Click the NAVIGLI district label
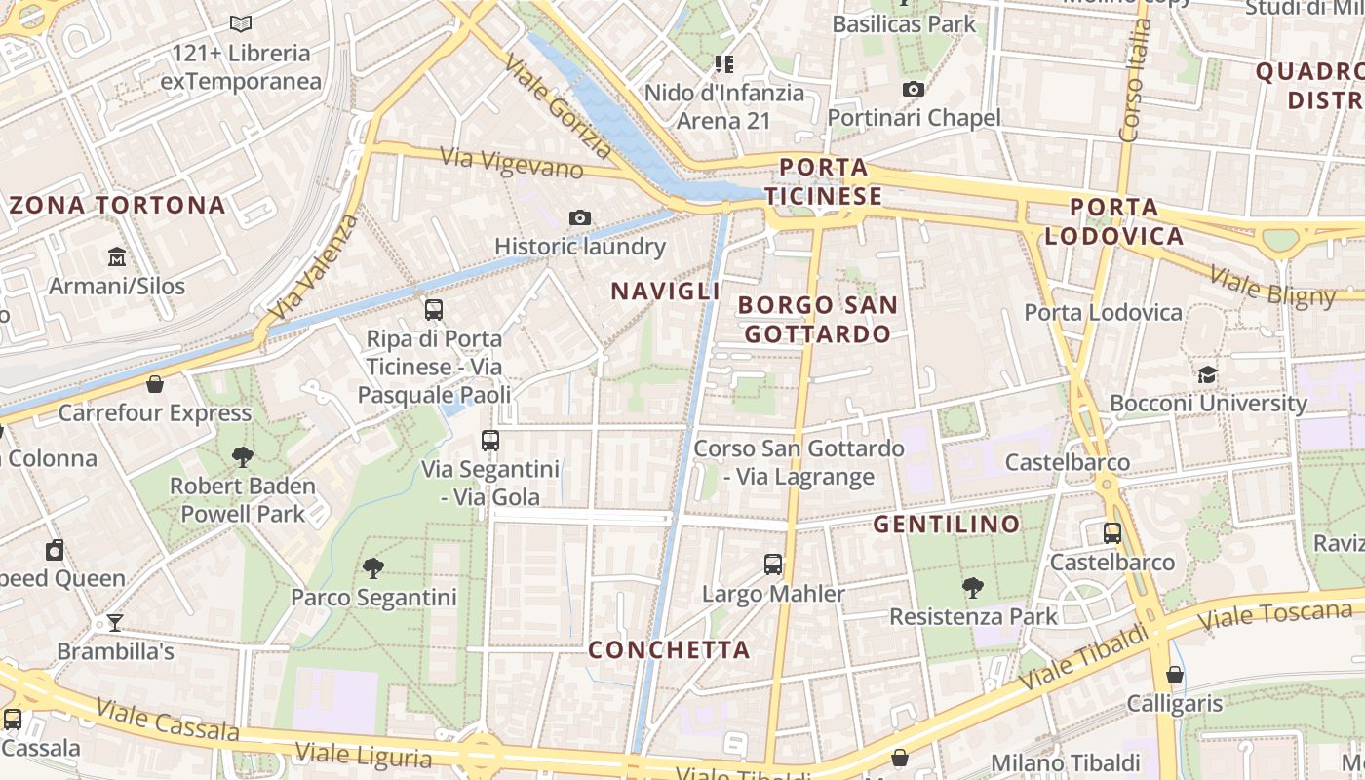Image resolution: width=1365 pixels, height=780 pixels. [665, 291]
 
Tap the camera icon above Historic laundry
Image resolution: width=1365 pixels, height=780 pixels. [580, 217]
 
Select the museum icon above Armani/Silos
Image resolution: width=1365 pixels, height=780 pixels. [117, 257]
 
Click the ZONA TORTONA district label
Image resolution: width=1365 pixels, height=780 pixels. [117, 206]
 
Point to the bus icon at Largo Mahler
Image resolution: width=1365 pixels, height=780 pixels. [773, 565]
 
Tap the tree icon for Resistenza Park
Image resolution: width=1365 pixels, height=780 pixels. [972, 587]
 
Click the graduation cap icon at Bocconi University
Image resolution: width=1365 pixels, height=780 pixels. [1207, 374]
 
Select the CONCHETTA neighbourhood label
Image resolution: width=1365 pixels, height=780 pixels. [669, 650]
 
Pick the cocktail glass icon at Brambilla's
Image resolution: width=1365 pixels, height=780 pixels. [115, 622]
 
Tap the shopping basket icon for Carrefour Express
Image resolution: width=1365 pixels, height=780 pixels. [154, 384]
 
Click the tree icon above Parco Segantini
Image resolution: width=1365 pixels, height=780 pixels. [372, 567]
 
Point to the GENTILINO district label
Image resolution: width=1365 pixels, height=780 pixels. [946, 525]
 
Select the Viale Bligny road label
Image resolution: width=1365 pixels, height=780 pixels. [1271, 284]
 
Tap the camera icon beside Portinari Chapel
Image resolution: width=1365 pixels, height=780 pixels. [913, 90]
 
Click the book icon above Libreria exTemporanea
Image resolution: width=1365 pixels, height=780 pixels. [240, 23]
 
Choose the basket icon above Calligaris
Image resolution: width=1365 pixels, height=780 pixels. [1175, 675]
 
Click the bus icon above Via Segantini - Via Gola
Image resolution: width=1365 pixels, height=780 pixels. [490, 441]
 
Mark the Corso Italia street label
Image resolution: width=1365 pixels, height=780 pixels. [1137, 78]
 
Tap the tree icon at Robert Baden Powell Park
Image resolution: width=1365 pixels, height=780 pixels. [243, 456]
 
